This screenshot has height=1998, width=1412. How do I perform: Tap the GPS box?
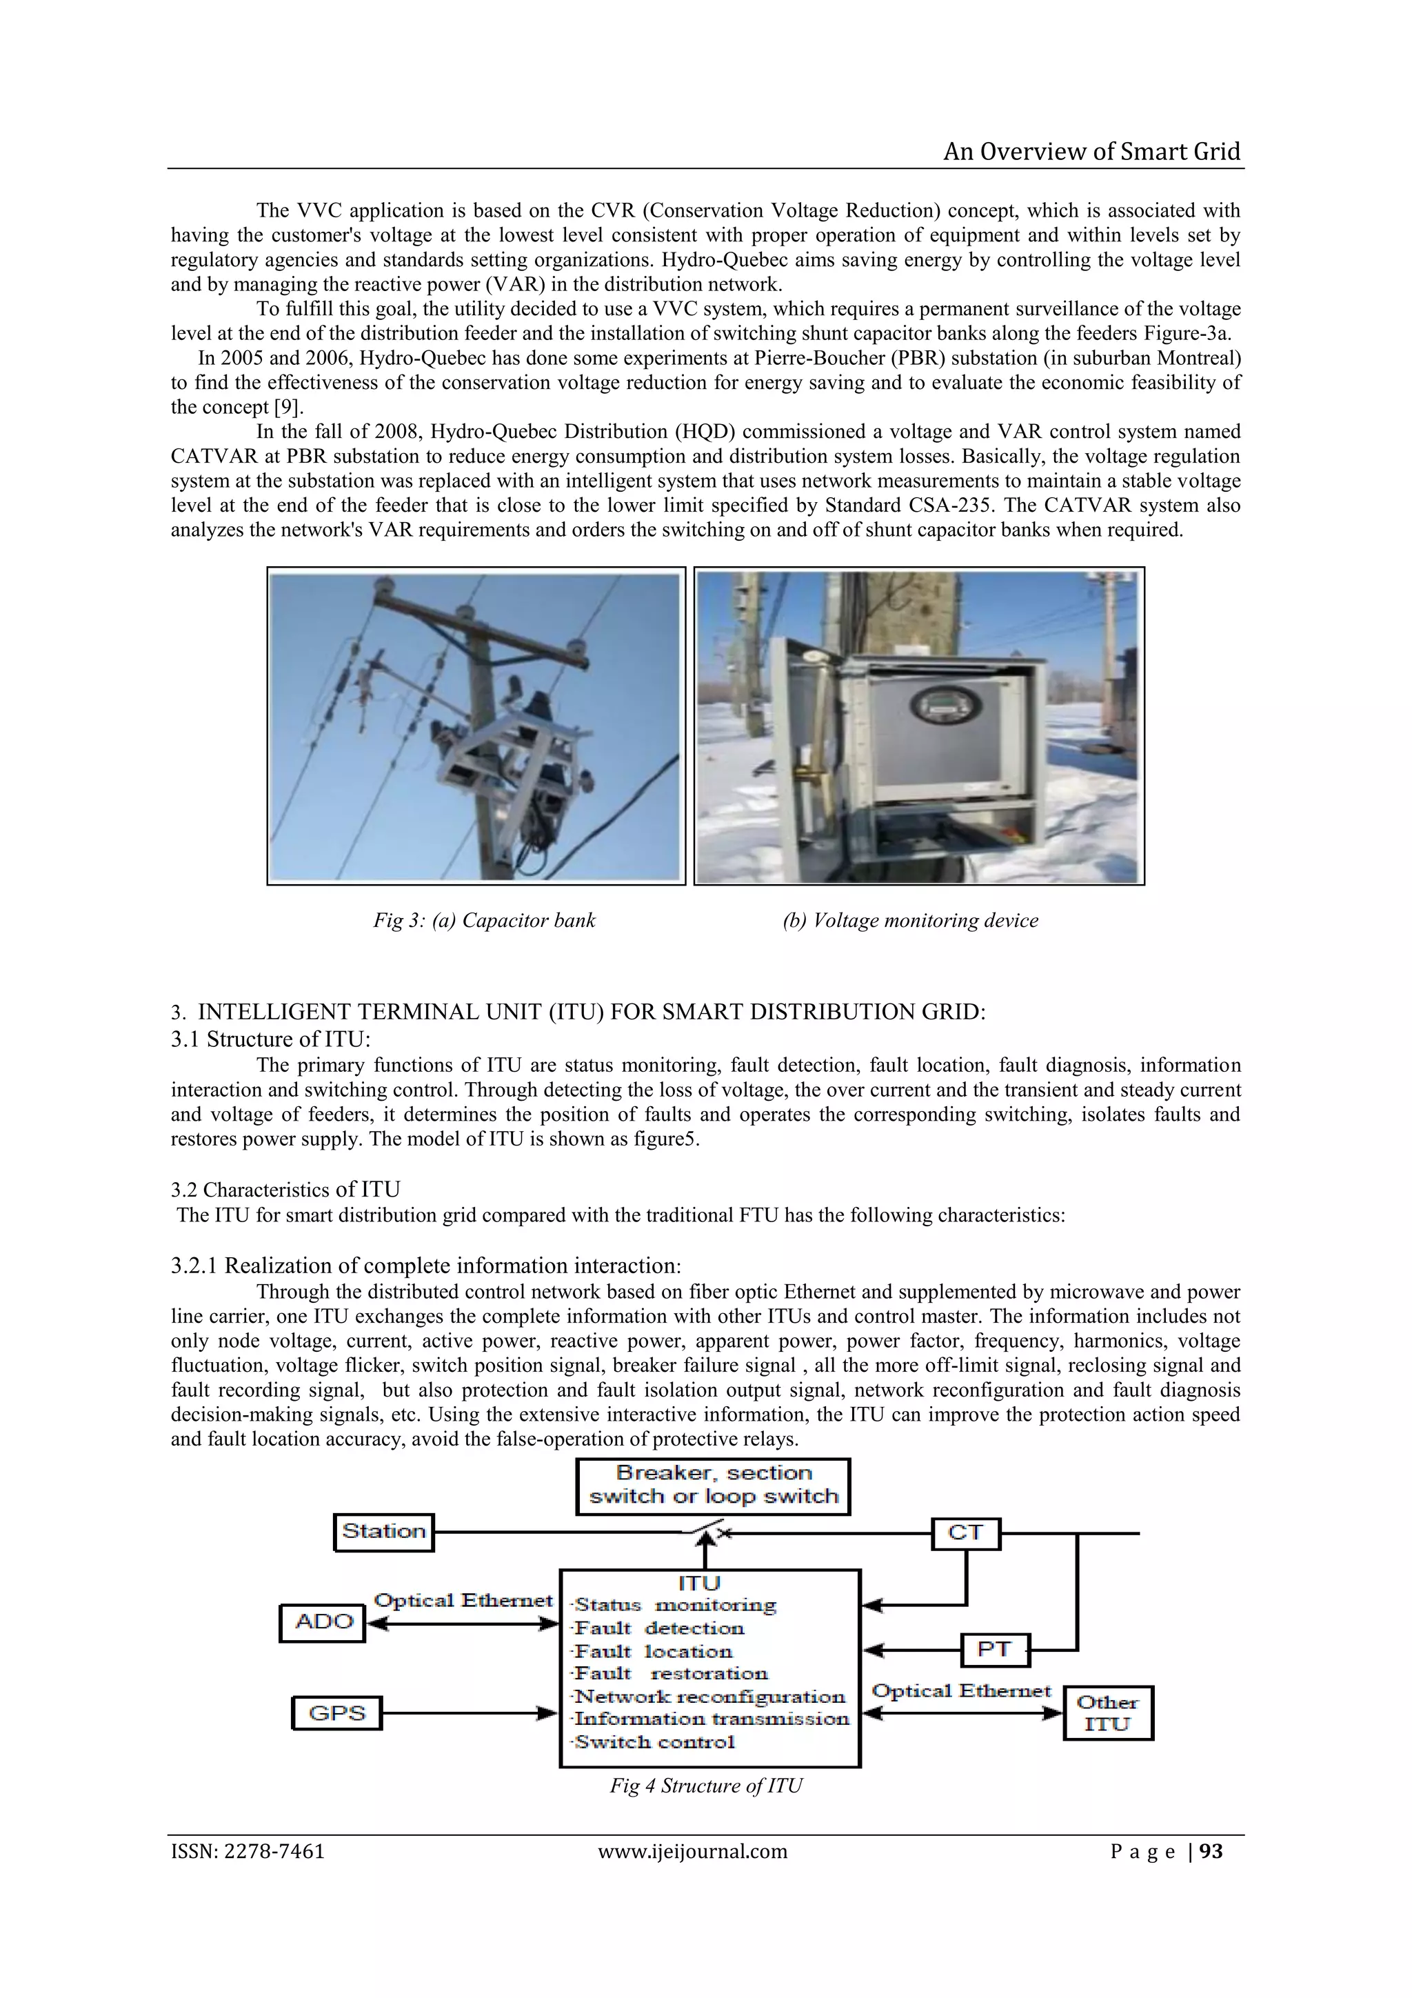coord(336,1713)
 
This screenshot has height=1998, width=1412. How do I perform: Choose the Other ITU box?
coord(1107,1712)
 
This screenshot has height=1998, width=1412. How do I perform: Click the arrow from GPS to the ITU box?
coord(470,1713)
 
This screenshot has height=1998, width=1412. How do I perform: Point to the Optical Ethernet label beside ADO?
coord(463,1600)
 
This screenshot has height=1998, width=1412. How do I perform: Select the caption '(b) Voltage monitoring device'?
coord(910,921)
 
